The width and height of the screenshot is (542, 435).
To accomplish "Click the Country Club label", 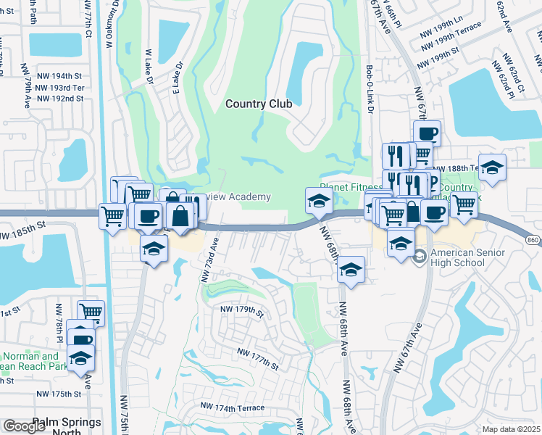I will pos(259,104).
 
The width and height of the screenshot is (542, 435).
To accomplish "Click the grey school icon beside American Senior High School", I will pos(419,257).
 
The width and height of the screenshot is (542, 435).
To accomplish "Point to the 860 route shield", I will pos(533,240).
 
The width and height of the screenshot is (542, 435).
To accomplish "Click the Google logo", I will pos(25,426).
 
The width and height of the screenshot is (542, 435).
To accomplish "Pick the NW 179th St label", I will pos(241,310).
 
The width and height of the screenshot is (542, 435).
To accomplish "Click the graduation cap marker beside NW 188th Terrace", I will pos(492,167).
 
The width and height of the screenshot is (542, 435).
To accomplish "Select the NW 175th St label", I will pos(61,394).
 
